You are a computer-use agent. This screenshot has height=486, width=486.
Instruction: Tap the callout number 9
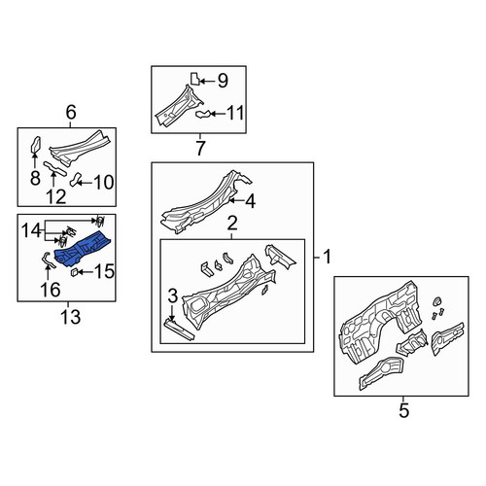tap(223, 81)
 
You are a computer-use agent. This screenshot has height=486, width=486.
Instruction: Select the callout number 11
tap(235, 113)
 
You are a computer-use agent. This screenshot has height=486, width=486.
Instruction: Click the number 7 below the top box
tap(200, 148)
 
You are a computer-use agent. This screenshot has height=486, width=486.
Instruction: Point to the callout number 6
tap(71, 113)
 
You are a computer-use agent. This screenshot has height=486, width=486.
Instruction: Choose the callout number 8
tap(35, 178)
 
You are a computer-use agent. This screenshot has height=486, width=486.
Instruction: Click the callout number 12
tap(56, 196)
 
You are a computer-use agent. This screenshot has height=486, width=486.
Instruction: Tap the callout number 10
tap(104, 183)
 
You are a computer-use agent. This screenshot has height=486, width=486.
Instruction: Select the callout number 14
tap(31, 230)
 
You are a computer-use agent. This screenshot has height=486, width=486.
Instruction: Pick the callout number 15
tap(104, 271)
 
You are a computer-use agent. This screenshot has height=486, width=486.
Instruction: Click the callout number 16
tap(51, 290)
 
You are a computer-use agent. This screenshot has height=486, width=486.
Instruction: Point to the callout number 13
tap(70, 317)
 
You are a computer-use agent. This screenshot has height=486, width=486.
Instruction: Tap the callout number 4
tap(250, 201)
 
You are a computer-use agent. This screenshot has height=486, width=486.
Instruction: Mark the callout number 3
tap(173, 296)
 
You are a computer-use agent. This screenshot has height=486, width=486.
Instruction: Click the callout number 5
tap(404, 411)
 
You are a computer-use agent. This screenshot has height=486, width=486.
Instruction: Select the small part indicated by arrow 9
tap(194, 79)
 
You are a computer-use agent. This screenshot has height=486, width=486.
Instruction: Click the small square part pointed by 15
tap(74, 272)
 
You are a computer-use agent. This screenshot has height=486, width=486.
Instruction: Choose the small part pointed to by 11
tap(202, 114)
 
